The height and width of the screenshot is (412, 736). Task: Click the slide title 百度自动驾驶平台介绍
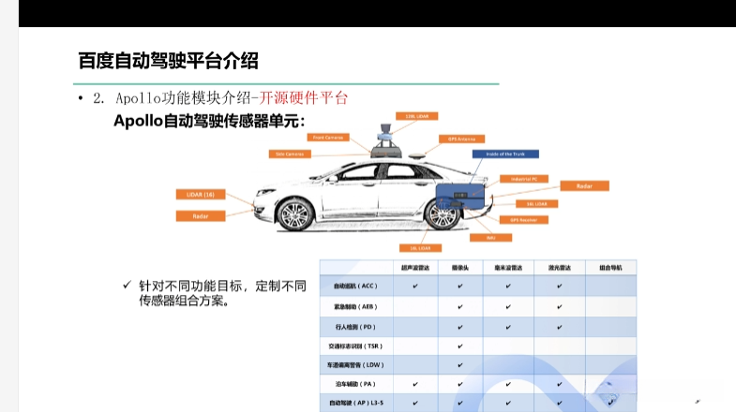(x=168, y=61)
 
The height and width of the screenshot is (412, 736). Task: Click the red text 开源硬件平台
(x=305, y=97)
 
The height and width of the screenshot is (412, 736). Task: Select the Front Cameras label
(x=329, y=137)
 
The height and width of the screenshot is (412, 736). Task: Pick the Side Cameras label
(x=289, y=153)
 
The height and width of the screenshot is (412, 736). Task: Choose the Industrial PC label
(x=523, y=178)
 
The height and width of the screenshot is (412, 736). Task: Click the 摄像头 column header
(x=460, y=267)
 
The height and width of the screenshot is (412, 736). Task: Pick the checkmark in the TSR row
(x=460, y=346)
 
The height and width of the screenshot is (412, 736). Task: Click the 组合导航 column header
(x=610, y=267)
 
